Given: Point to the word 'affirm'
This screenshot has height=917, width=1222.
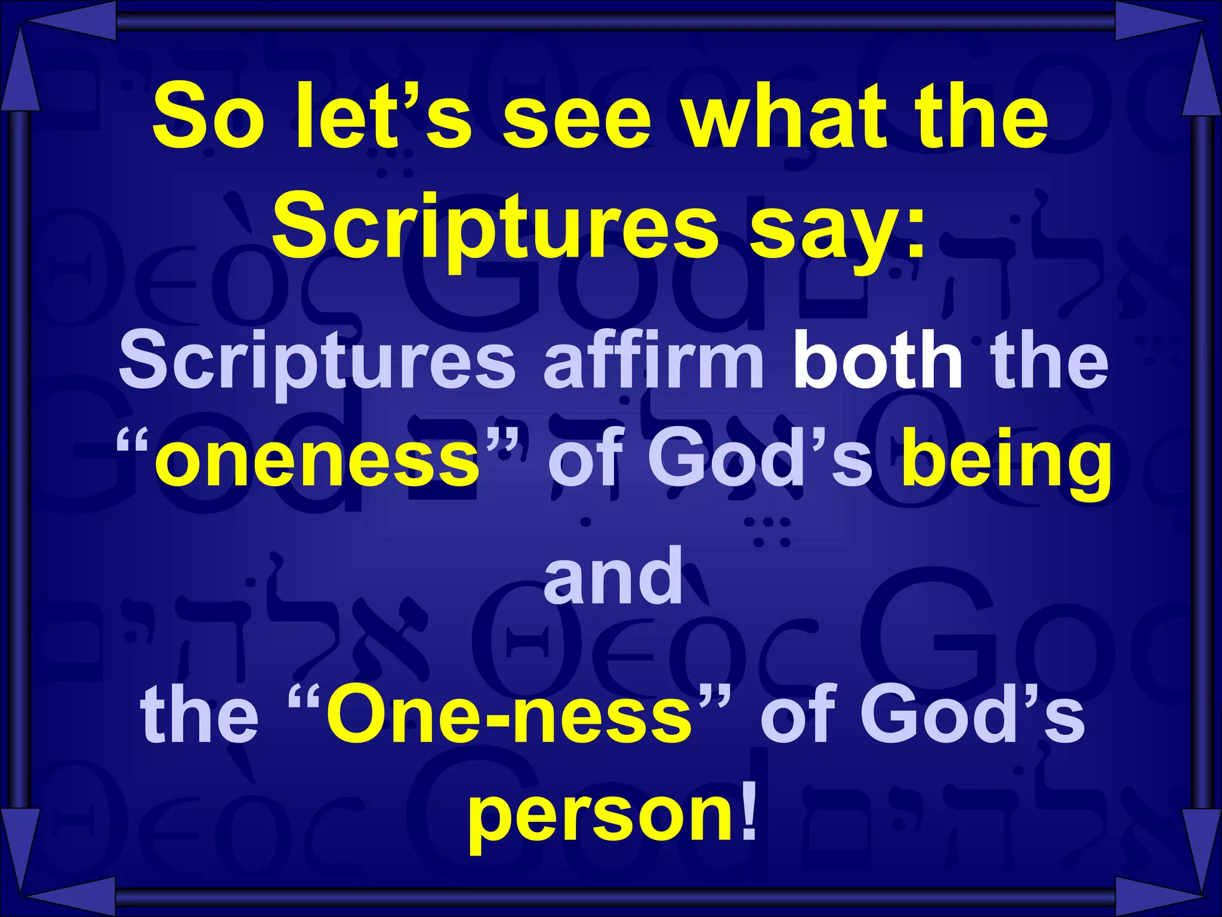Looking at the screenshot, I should point(653,361).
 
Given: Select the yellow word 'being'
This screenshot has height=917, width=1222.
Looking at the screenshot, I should point(1006,463).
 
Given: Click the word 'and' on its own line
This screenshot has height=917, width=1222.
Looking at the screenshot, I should point(613,576).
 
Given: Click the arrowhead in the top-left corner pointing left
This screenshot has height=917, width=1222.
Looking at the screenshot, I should point(72,21).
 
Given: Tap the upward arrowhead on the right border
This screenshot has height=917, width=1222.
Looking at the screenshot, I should point(1201,75).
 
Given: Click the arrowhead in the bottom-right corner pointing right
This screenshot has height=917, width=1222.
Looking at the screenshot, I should point(1155,896).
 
